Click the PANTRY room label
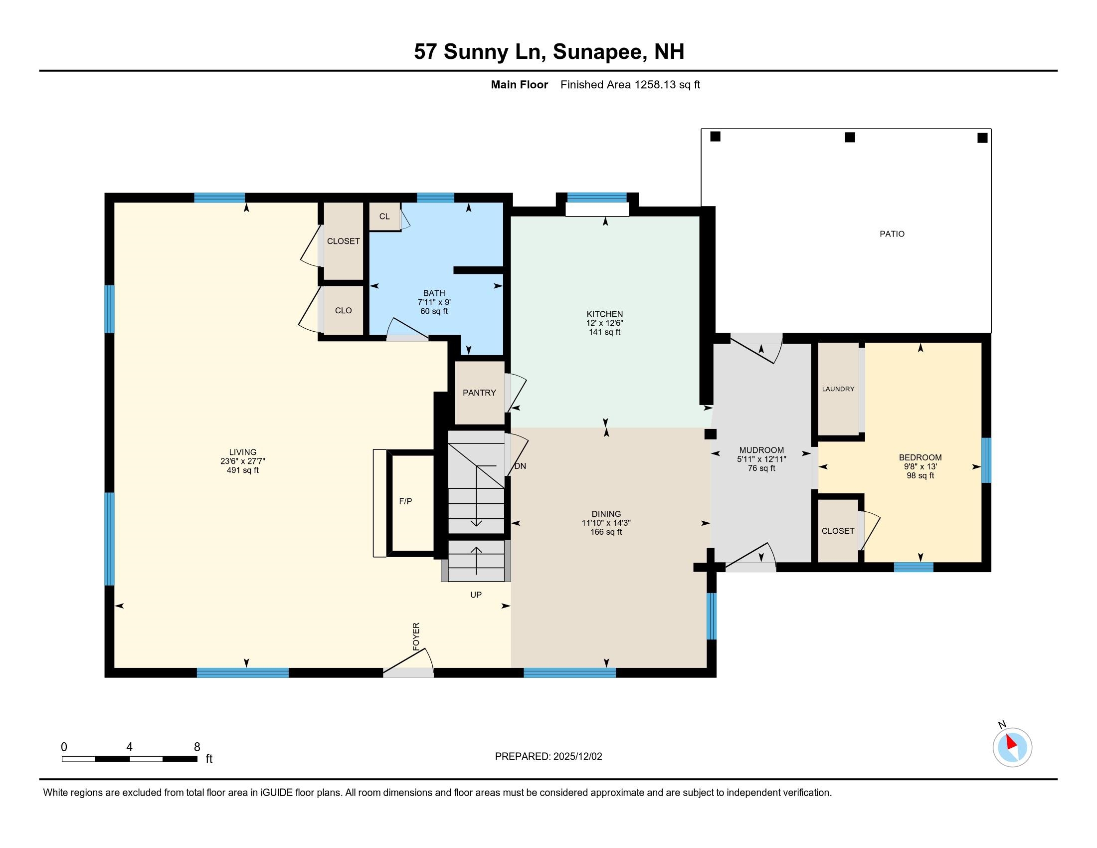click(479, 393)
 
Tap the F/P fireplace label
click(405, 501)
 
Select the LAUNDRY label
click(838, 389)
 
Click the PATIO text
click(892, 233)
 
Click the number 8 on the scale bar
click(197, 747)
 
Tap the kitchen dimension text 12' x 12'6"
click(605, 323)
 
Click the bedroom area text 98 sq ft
click(920, 475)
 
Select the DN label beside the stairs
click(521, 466)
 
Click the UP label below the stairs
click(476, 595)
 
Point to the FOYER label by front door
click(416, 636)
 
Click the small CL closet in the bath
click(384, 216)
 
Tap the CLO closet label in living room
click(343, 310)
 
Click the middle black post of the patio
click(850, 137)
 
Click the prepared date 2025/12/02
click(577, 757)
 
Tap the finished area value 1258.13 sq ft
click(667, 84)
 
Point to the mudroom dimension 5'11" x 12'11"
click(761, 459)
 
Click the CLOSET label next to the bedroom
click(838, 531)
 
